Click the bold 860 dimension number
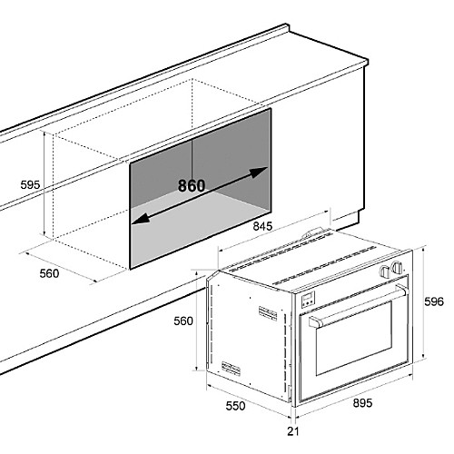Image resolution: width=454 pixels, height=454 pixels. tap(192, 185)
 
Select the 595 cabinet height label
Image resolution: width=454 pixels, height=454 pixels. tap(30, 184)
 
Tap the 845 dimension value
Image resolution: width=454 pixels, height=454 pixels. tap(262, 226)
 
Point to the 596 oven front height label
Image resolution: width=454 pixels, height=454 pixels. tap(434, 301)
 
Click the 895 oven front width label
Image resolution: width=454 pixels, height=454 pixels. tap(362, 403)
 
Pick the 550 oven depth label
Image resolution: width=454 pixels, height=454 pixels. tap(235, 406)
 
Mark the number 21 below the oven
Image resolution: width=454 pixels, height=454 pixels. tap(292, 431)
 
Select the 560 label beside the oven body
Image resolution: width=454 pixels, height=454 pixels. tap(183, 321)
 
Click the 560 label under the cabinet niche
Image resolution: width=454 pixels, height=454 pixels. tap(49, 273)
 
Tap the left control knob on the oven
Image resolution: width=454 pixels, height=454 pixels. tap(385, 271)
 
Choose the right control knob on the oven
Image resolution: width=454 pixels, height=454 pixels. tap(397, 267)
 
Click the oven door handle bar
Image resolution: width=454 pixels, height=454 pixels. tap(359, 306)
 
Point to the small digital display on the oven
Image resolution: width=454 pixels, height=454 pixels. tap(308, 299)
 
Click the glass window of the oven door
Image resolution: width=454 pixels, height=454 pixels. tap(354, 338)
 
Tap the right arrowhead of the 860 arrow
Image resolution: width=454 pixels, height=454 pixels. tap(259, 172)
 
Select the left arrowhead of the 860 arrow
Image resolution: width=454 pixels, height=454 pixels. tap(141, 220)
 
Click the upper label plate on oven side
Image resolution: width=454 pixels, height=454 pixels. tap(268, 313)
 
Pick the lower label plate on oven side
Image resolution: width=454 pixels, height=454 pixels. tap(231, 369)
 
